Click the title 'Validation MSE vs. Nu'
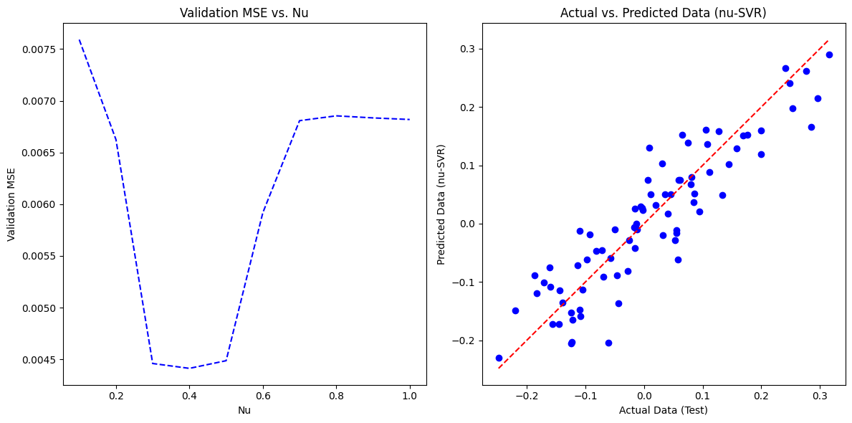244,12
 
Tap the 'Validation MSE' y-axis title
11,204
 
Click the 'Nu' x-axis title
244,410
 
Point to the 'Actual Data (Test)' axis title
663,410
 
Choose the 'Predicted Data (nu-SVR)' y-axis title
441,204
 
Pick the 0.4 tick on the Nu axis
189,396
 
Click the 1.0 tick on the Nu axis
410,396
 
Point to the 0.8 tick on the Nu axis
336,396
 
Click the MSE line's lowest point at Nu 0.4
189,369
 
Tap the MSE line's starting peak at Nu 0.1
79,39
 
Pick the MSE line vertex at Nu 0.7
300,120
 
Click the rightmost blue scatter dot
829,54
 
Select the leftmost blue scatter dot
499,358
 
